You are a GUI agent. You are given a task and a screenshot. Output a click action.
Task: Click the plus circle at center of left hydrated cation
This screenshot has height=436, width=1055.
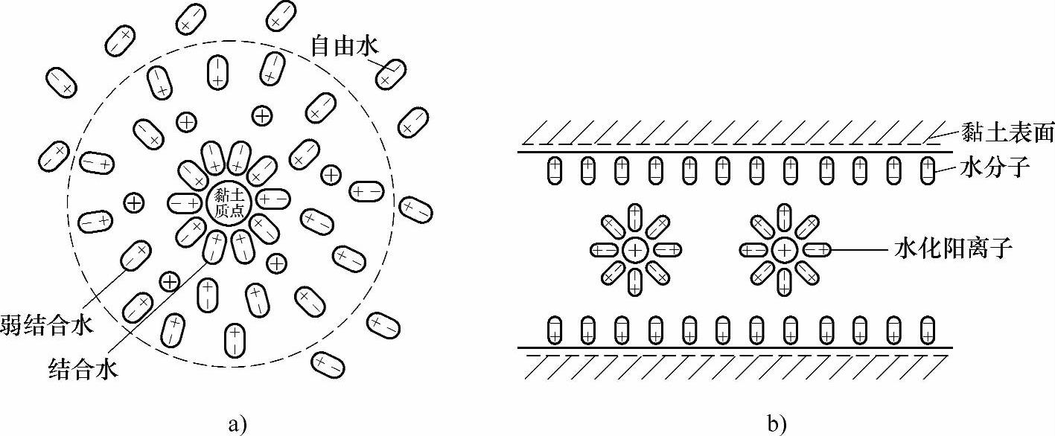(634, 250)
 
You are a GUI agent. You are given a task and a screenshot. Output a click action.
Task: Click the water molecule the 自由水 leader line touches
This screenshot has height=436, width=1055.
(390, 74)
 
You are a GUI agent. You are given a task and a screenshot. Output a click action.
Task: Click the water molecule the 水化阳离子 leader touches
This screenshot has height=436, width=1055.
(816, 250)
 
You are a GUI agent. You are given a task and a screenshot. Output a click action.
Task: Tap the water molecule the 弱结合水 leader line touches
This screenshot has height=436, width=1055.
(137, 255)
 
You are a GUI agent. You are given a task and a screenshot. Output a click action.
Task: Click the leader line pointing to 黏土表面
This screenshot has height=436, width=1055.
(945, 138)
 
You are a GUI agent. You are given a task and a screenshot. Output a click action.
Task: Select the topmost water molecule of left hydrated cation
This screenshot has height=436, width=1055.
(634, 217)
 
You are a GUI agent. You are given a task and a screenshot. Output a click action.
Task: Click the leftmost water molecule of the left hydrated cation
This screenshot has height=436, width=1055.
(602, 250)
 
